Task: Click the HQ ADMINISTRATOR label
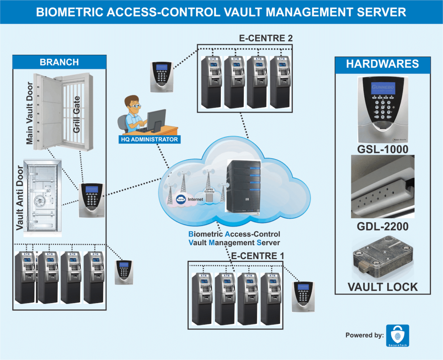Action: [x=148, y=140]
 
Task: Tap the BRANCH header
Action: [x=59, y=62]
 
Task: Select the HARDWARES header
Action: [x=382, y=64]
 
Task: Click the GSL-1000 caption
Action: [x=382, y=150]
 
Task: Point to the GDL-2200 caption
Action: [x=382, y=226]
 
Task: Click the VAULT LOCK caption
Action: [x=382, y=287]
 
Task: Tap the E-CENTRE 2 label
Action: [x=266, y=38]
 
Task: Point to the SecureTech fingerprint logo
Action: [x=397, y=335]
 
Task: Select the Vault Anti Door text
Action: [x=19, y=200]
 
